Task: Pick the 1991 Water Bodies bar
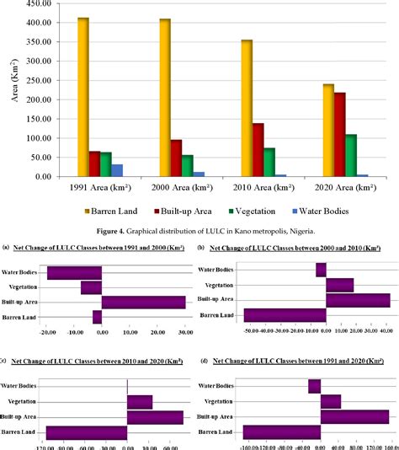pos(116,170)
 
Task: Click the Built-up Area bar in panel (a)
pos(143,302)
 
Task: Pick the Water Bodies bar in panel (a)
pos(74,272)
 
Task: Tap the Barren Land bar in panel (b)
pos(285,315)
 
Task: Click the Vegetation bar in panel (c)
pos(140,402)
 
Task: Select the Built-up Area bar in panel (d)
pos(354,416)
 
